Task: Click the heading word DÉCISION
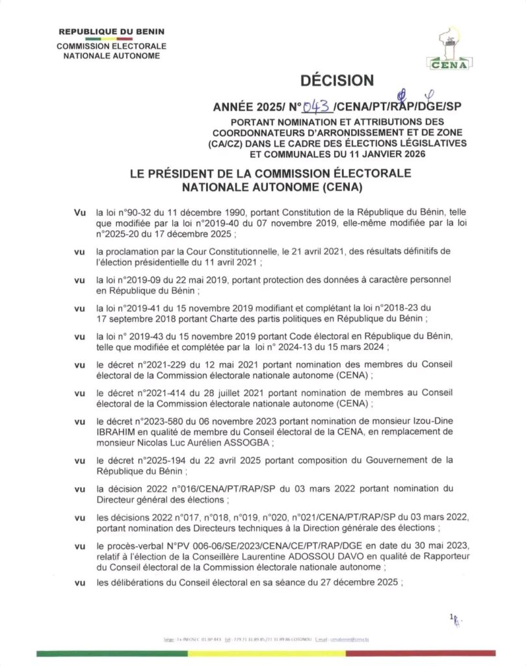point(337,81)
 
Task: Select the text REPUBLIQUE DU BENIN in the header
point(112,31)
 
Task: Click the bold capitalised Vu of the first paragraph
point(81,212)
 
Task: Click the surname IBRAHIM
point(116,432)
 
